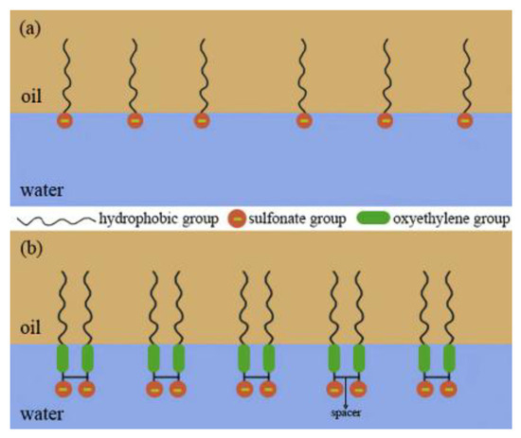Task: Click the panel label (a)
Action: click(x=27, y=26)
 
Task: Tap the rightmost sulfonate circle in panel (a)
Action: click(x=464, y=121)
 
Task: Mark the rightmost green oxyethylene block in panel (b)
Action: click(x=449, y=359)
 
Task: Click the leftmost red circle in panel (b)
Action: click(x=63, y=389)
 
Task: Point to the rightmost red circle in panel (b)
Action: click(x=450, y=389)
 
